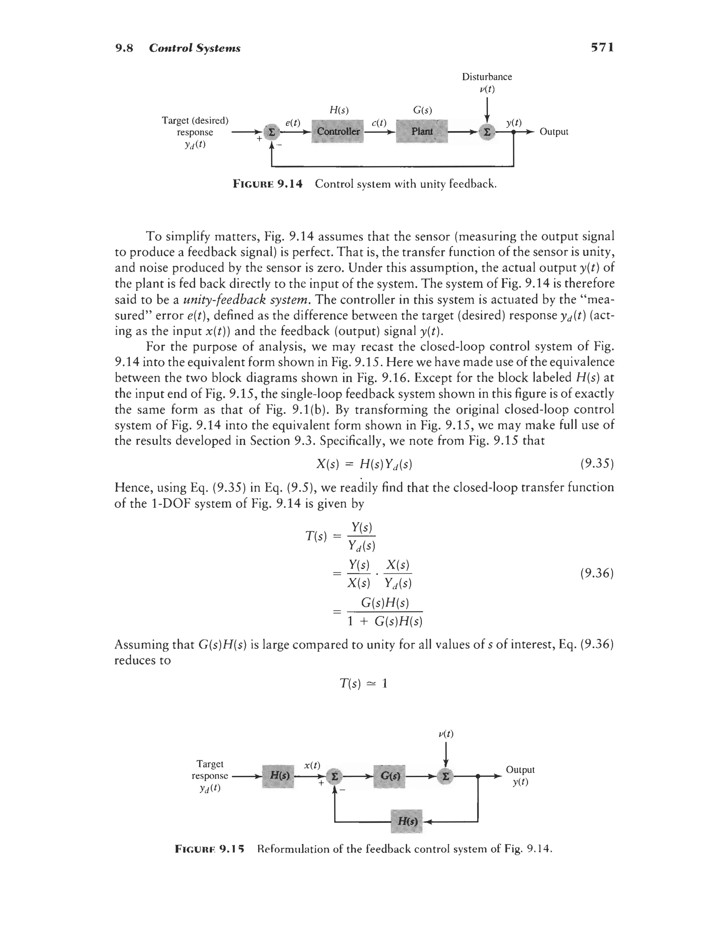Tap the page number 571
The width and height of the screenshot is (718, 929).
(x=602, y=47)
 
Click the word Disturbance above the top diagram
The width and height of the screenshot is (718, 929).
(x=487, y=77)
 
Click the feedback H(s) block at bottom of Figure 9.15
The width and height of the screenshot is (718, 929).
(x=407, y=821)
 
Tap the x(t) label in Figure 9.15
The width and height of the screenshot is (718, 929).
(x=312, y=765)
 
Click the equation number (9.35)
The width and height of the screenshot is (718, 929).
(x=597, y=464)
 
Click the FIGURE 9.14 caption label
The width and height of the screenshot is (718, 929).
(x=267, y=184)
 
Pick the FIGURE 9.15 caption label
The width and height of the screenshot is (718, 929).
(x=210, y=849)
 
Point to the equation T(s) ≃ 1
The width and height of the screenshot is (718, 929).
(x=364, y=684)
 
